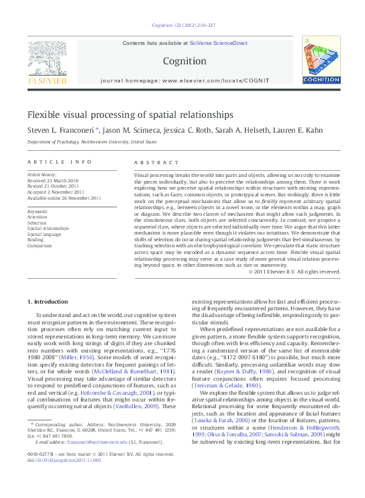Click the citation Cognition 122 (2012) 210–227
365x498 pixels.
coord(183,25)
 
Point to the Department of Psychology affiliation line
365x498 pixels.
coord(91,142)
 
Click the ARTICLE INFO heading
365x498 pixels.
coord(59,163)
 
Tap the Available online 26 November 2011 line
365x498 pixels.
coord(64,198)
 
